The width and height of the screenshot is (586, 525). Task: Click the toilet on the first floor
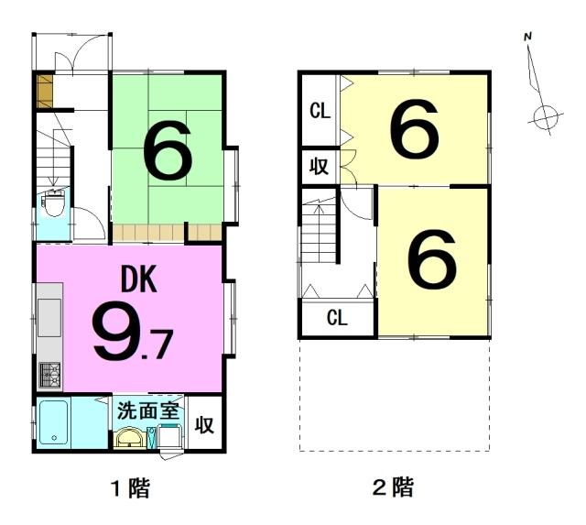coord(54,203)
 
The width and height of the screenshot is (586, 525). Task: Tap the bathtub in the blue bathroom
coord(54,422)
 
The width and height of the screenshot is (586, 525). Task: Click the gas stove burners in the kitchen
coord(50,374)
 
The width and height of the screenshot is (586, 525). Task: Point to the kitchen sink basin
coord(49,318)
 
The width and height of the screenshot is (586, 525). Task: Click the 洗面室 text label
coord(149,411)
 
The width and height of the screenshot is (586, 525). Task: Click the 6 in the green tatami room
coord(168,149)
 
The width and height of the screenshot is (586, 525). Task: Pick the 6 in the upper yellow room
coord(414,128)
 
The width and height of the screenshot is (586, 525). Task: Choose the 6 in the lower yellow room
coord(431,258)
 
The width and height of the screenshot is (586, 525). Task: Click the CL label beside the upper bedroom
coord(320,111)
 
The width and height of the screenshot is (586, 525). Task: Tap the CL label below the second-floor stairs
coord(337,318)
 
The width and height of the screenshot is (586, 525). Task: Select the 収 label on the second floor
coord(320,166)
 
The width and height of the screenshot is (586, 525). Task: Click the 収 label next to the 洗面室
coord(204,424)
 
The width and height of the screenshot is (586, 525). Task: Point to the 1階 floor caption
coord(132,487)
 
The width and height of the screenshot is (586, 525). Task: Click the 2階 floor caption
coord(394,487)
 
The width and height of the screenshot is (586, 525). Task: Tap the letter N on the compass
coord(527,37)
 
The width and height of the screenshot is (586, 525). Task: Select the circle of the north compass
coord(546,117)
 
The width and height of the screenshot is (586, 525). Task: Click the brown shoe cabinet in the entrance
coord(45,92)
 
